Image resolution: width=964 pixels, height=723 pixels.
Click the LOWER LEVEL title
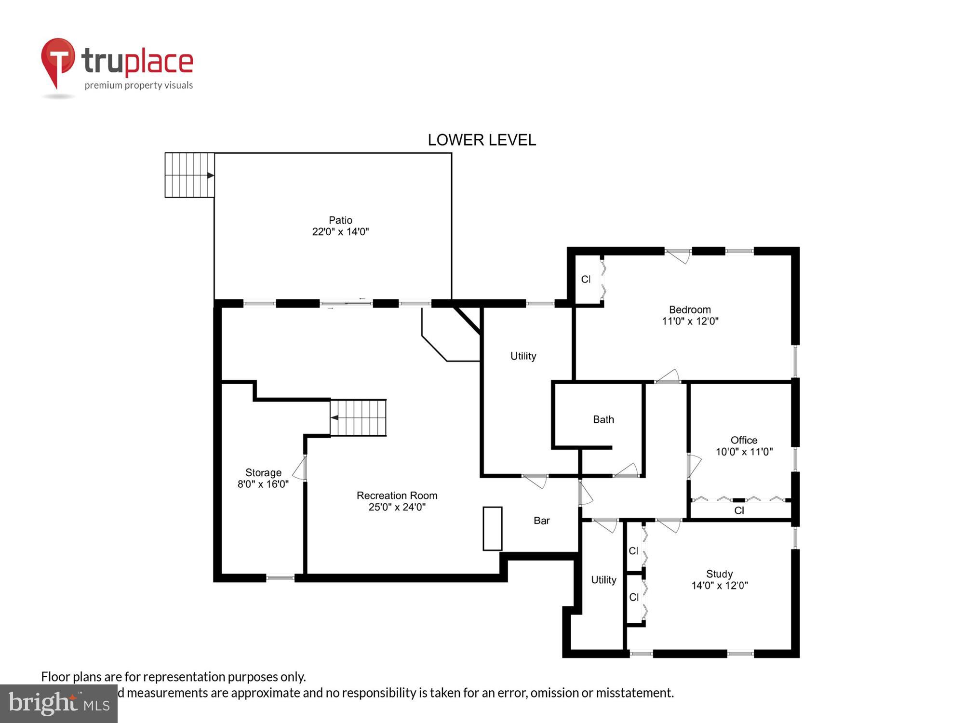(x=482, y=140)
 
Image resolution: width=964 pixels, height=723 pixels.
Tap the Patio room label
(x=340, y=220)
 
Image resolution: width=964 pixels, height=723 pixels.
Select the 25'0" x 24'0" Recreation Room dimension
(x=397, y=507)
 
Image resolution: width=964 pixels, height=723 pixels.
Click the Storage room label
(x=263, y=472)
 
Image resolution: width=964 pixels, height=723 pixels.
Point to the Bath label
(x=603, y=419)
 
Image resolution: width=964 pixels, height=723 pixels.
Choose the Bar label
(x=542, y=521)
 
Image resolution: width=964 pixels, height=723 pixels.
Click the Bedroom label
(x=690, y=310)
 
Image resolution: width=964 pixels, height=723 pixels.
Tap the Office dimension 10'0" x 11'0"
(x=744, y=452)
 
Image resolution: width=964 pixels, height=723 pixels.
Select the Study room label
(x=719, y=574)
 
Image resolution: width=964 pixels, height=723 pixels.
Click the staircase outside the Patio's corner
(x=189, y=175)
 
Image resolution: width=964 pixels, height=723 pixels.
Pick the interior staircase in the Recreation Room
(x=358, y=417)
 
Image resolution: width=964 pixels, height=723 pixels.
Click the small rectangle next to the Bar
(x=493, y=528)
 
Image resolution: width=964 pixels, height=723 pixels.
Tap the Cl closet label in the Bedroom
(x=586, y=280)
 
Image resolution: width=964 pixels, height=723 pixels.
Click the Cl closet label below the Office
(x=739, y=510)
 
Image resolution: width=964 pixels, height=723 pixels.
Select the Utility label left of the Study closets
(x=603, y=580)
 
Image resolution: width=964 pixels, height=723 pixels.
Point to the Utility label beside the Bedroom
(x=523, y=356)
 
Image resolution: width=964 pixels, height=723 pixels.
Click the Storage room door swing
(x=300, y=469)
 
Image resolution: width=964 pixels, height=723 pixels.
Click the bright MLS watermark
(x=59, y=703)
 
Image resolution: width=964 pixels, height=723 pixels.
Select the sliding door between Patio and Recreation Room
(x=346, y=304)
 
